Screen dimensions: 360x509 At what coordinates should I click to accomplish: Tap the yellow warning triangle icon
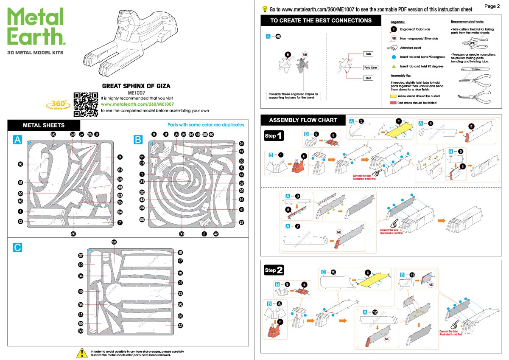[81, 352]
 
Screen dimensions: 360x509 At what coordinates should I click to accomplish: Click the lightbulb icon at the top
[265, 8]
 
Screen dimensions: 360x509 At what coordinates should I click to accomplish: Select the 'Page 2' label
[492, 6]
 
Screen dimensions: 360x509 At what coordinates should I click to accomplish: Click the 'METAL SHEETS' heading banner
[44, 125]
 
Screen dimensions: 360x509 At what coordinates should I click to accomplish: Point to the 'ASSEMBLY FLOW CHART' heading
[303, 120]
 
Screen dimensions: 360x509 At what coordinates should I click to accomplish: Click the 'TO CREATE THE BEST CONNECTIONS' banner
[321, 20]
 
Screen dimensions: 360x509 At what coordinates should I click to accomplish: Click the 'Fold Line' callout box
[370, 67]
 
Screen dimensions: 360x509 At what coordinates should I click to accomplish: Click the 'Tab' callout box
[368, 54]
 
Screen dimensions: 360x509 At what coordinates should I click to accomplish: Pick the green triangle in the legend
[394, 66]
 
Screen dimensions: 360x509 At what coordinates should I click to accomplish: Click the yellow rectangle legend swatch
[393, 96]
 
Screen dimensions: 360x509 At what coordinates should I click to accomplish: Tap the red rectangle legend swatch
[393, 103]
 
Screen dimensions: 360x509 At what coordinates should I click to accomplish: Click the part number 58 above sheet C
[114, 242]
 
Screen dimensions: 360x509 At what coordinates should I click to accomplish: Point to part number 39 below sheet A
[73, 233]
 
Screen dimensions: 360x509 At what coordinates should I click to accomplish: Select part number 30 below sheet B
[182, 233]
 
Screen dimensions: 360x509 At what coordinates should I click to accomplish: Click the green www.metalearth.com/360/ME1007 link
[138, 104]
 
